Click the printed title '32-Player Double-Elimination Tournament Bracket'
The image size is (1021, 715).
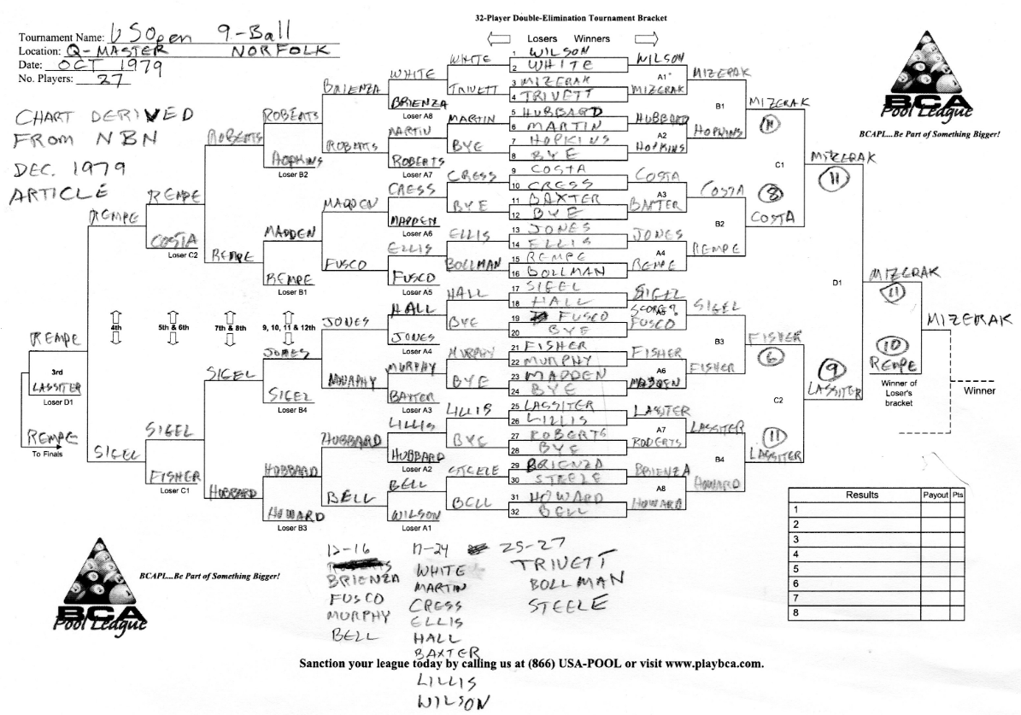click(571, 17)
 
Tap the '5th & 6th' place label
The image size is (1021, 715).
click(172, 326)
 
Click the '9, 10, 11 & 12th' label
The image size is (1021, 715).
click(290, 326)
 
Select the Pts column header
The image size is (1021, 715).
click(957, 495)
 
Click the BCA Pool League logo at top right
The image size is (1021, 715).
click(930, 78)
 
